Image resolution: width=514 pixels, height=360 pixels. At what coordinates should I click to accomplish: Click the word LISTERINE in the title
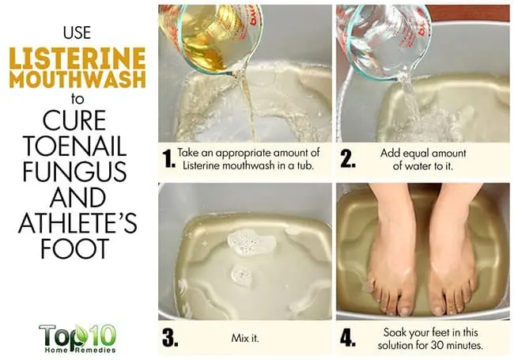tap(77, 59)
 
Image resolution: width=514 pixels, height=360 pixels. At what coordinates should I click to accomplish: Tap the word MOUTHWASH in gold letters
tap(77, 79)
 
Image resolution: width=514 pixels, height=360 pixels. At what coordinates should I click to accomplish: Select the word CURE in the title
tap(74, 120)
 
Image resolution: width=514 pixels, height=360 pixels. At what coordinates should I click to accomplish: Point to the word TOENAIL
tap(75, 146)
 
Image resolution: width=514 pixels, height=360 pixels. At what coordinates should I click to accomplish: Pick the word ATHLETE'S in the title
tap(77, 222)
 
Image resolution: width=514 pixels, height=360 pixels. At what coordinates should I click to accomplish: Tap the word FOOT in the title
tap(75, 248)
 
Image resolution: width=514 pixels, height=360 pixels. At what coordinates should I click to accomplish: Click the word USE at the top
tap(77, 32)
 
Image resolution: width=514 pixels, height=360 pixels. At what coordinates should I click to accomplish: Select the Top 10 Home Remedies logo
tap(77, 339)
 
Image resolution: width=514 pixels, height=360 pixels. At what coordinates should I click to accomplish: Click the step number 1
tap(169, 159)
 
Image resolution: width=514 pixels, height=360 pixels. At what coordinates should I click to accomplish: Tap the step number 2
tap(348, 159)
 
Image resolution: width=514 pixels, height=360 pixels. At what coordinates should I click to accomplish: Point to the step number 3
tap(170, 338)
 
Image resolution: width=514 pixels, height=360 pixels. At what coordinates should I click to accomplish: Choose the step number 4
tap(348, 338)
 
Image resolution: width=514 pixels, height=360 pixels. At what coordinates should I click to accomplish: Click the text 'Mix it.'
tap(245, 338)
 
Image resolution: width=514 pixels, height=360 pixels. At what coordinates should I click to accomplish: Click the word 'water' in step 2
tap(418, 166)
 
